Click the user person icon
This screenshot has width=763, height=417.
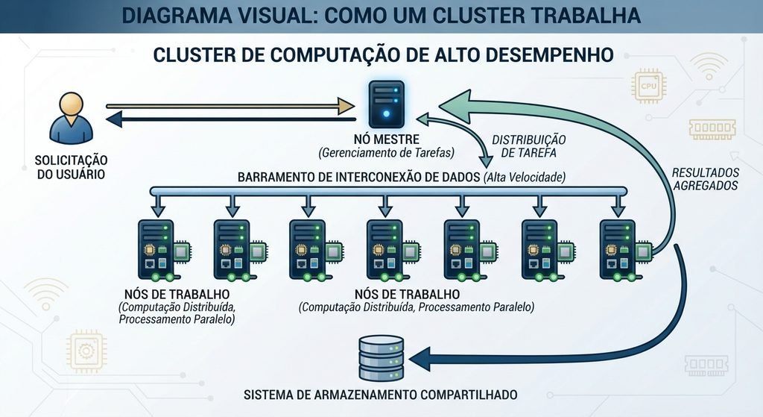point(71,119)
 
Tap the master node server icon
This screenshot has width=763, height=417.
point(387,104)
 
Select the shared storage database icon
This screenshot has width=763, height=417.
point(381,358)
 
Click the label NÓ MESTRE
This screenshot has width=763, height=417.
point(387,139)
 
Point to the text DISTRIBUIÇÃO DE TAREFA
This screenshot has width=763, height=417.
point(529,146)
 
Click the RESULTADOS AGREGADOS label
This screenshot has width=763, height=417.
point(706,179)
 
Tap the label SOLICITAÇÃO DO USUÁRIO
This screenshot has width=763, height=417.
point(71,167)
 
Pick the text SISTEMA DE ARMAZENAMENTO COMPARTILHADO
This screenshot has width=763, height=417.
point(381,394)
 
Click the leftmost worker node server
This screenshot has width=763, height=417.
point(156,250)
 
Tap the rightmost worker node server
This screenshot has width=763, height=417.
point(618,250)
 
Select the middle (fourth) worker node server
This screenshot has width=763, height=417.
point(385,250)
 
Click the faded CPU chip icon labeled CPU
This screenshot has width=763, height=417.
point(649,87)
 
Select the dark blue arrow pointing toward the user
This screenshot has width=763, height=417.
point(231,119)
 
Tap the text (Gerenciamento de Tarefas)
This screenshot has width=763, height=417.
point(387,153)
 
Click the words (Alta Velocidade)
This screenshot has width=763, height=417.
point(525,177)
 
